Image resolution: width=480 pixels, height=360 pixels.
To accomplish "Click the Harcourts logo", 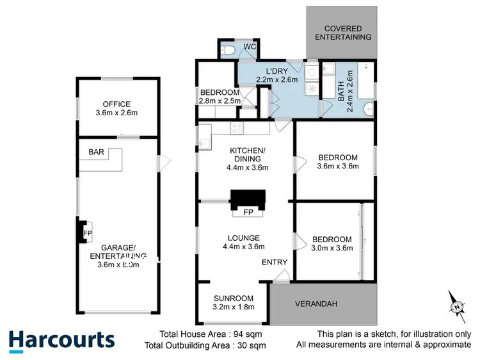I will (62, 340).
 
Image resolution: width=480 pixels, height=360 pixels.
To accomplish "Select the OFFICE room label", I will (116, 104).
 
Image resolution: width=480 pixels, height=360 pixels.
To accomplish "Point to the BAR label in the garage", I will (97, 153).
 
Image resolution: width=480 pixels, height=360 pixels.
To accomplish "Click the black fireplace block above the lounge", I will (247, 198).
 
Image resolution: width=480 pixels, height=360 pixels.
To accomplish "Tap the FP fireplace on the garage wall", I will (84, 233).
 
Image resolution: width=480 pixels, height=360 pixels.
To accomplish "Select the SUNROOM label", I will (234, 298).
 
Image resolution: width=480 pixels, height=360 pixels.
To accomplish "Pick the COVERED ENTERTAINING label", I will (348, 33).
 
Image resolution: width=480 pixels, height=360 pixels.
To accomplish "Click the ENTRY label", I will (275, 262).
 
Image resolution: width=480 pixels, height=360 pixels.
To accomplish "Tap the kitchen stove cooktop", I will (237, 127).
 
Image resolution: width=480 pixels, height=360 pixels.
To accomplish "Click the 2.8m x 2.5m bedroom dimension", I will (220, 101).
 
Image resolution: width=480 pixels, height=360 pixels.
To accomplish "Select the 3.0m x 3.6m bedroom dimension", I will (332, 249).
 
